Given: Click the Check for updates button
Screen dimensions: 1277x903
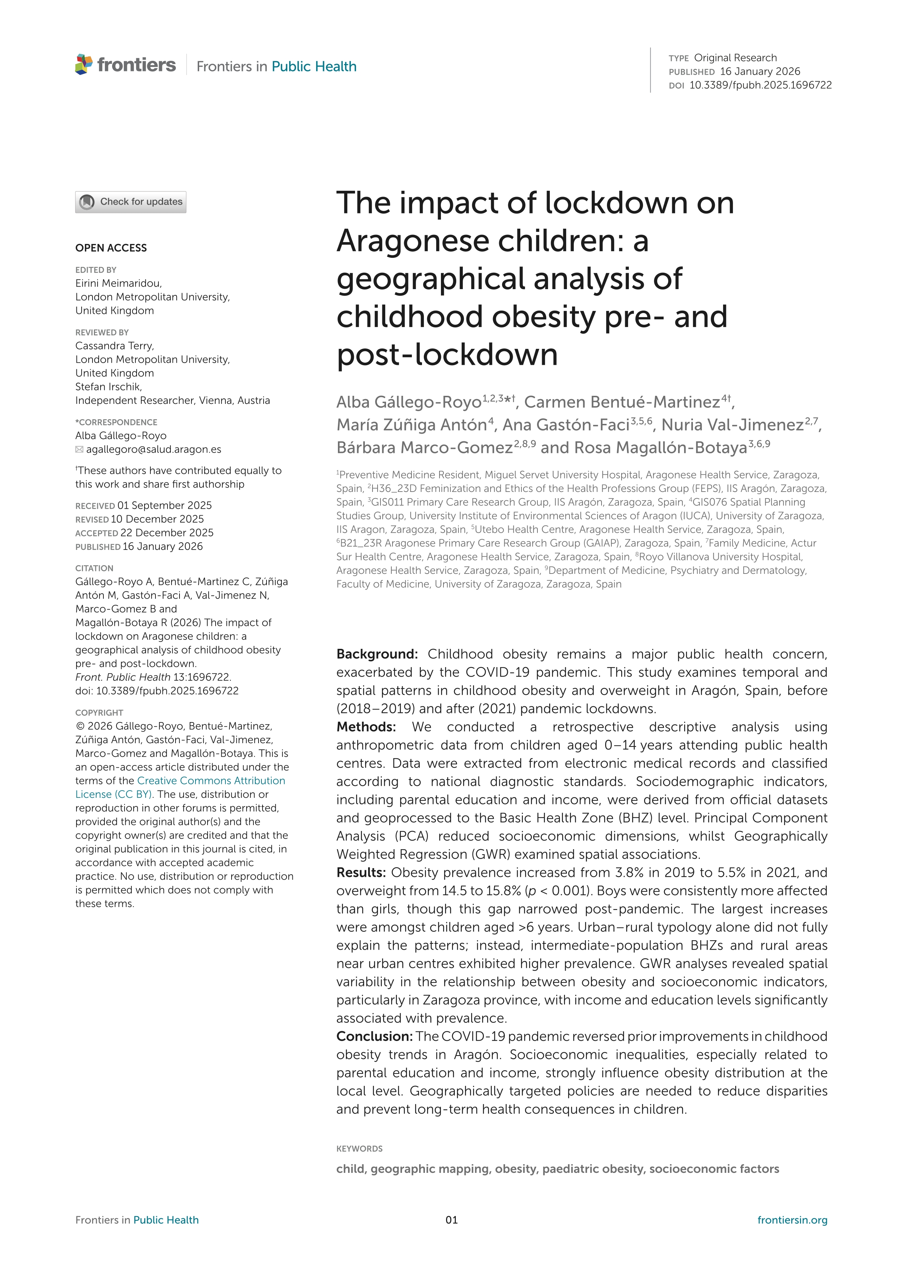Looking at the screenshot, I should [x=131, y=202].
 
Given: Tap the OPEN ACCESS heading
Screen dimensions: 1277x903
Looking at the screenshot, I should [x=111, y=248].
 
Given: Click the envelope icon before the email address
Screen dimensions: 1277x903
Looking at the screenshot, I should [x=79, y=449].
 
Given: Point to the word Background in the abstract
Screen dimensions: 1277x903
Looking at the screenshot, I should [x=376, y=654].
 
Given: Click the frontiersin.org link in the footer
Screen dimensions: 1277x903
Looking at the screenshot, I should [x=792, y=1220].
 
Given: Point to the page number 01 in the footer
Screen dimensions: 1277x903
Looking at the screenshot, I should [x=451, y=1220].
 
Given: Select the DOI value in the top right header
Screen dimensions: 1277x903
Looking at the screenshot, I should [x=760, y=85].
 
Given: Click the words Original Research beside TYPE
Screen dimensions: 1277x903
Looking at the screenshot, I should [x=735, y=58].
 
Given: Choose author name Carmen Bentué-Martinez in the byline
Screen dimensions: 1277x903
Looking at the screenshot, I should [x=622, y=402].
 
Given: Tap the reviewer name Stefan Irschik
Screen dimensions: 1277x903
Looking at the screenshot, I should [x=109, y=387].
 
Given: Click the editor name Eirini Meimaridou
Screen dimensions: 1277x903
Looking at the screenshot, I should [x=118, y=283].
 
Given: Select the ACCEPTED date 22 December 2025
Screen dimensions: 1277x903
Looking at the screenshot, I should [x=167, y=533].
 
